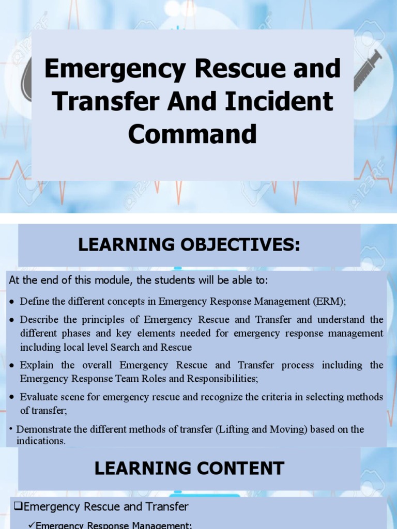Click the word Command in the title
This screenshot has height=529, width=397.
192,134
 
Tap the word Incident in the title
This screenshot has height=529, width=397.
279,101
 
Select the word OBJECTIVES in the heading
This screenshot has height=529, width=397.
240,244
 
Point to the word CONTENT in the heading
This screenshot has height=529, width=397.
240,468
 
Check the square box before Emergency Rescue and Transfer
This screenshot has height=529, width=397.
18,506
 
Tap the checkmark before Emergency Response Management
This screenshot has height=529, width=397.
32,525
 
